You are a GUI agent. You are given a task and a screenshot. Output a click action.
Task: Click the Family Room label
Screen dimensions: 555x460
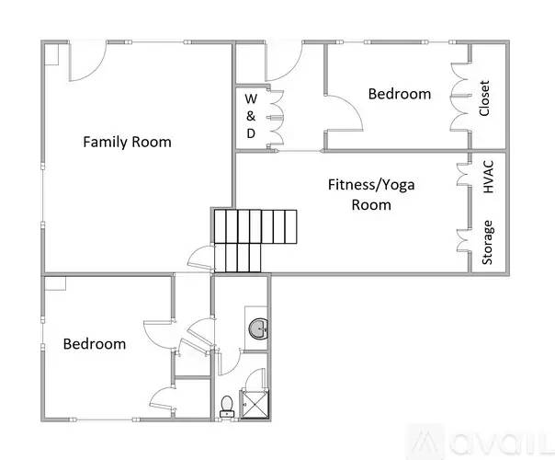[127, 142]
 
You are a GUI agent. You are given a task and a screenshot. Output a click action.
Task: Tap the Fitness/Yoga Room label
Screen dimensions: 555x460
[371, 194]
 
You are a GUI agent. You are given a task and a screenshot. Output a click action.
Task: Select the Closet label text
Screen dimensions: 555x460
[484, 98]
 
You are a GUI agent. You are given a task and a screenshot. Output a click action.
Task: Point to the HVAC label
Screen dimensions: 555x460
[488, 177]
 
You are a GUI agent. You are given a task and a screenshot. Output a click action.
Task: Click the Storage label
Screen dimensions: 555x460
[487, 242]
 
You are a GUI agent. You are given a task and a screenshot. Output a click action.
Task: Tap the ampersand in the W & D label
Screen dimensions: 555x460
[251, 116]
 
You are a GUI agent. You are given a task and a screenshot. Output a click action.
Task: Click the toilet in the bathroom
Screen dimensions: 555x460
[227, 407]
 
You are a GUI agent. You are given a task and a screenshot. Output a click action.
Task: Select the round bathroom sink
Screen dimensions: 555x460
[259, 328]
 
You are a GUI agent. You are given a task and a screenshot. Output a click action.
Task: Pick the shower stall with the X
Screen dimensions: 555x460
[255, 404]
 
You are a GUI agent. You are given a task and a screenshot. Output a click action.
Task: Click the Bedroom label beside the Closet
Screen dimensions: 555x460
[400, 94]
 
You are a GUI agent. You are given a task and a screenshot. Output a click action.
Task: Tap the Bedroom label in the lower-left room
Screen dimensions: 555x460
[95, 344]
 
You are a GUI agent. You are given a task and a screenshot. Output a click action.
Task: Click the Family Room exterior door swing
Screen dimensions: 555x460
[87, 61]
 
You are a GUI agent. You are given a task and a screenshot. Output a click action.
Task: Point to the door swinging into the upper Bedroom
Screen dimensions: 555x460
[344, 113]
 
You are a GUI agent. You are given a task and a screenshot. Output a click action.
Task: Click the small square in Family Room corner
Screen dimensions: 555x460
[51, 54]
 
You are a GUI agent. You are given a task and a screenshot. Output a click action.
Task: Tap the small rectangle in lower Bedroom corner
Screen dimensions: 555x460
[55, 283]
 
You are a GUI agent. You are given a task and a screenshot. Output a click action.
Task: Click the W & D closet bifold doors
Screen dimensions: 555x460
[276, 118]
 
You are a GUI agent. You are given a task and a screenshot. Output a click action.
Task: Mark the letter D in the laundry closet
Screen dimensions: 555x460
[251, 133]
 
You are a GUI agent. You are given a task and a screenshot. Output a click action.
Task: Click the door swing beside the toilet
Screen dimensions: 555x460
[255, 379]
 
